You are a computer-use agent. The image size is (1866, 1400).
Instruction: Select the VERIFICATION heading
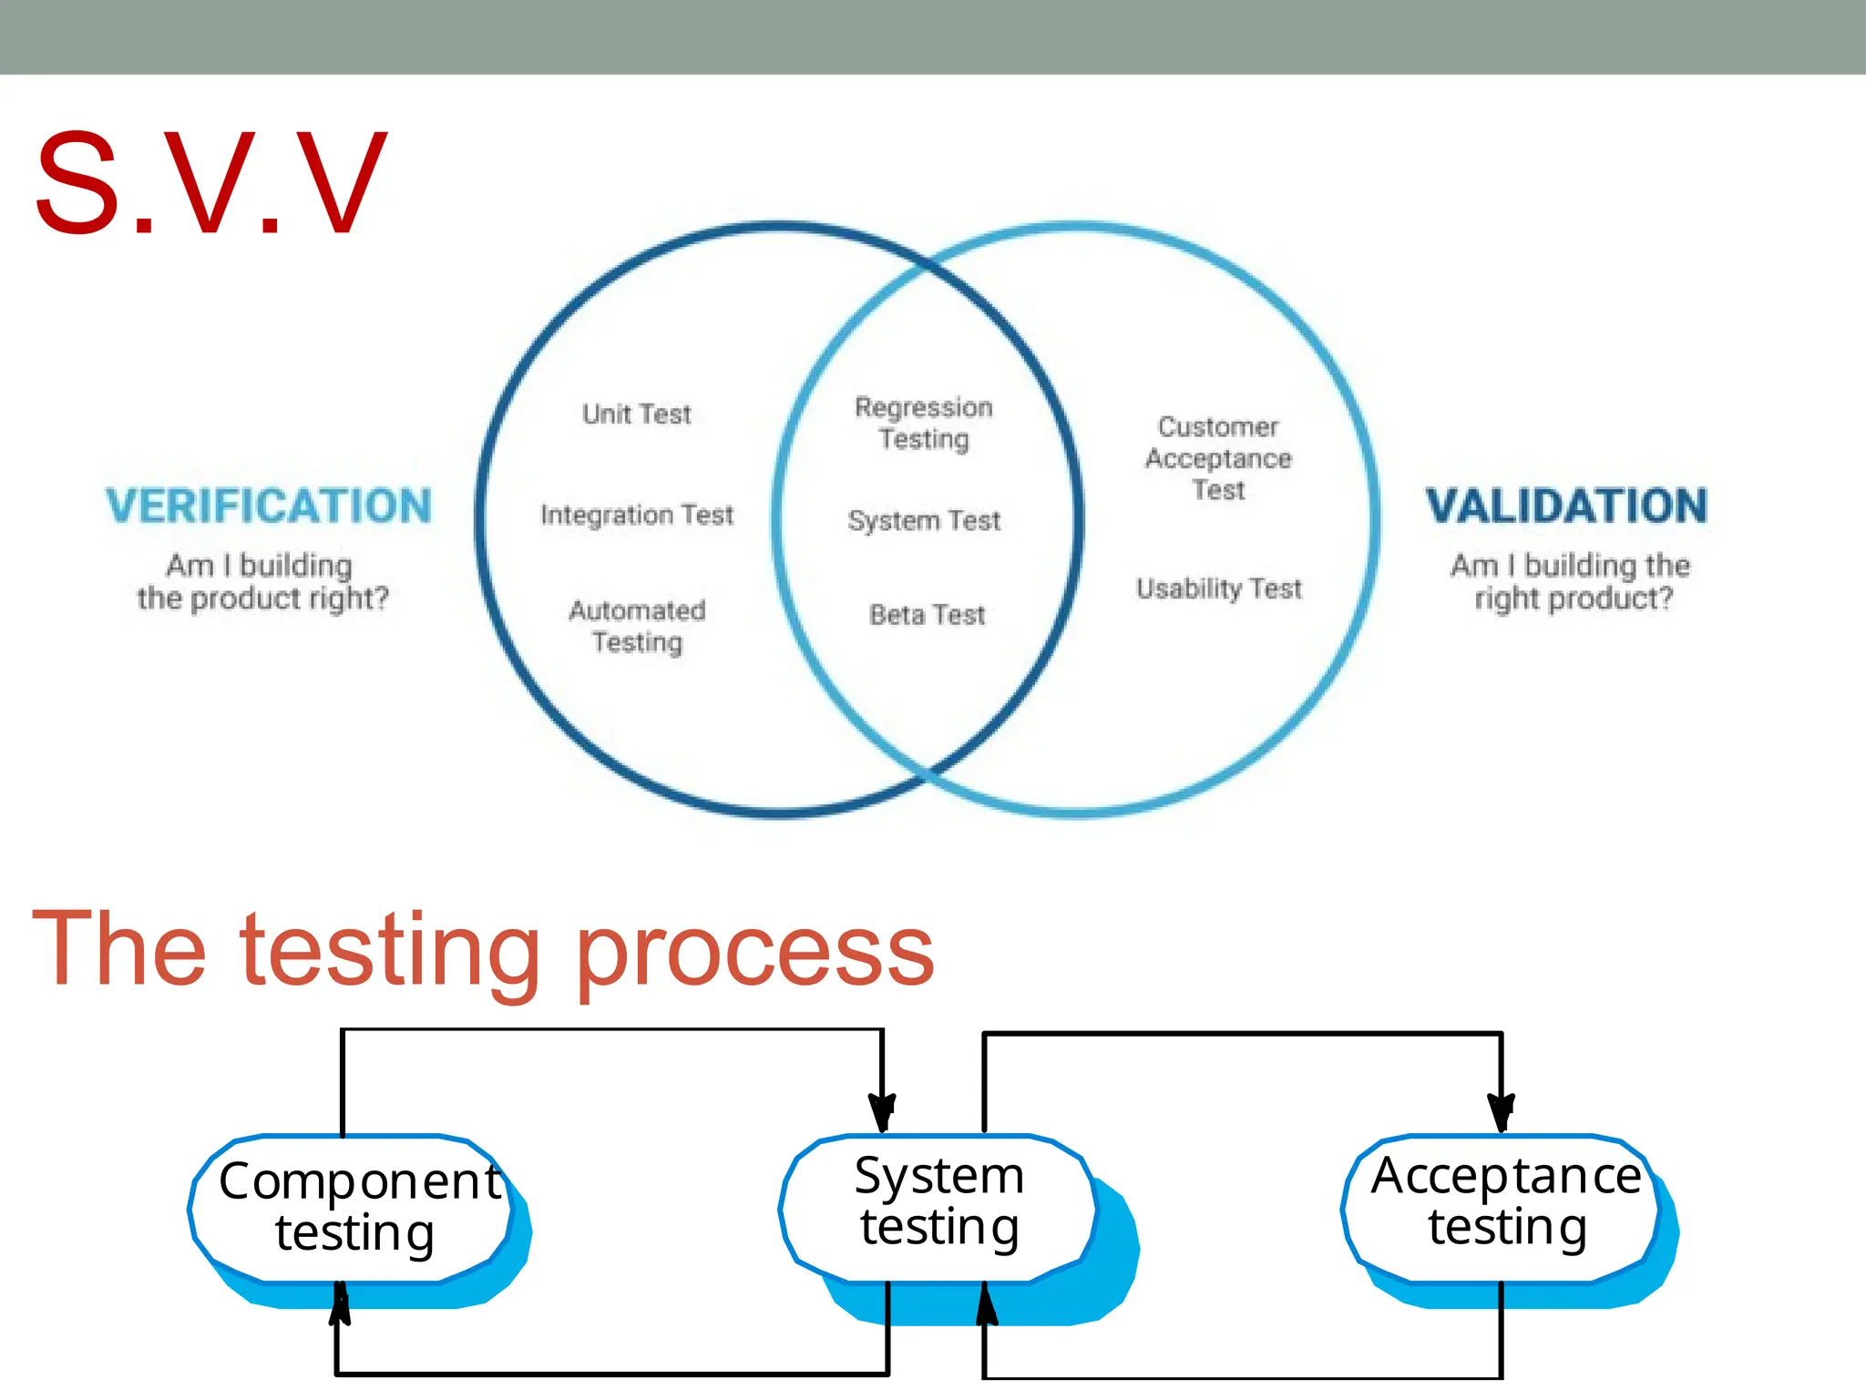(269, 506)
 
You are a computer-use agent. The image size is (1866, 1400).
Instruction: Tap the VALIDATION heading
(1566, 506)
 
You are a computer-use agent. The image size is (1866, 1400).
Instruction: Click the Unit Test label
(637, 414)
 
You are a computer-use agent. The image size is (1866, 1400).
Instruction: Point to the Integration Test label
(637, 516)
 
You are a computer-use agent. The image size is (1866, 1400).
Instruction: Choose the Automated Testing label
(637, 627)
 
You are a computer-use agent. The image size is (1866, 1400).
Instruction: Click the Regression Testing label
(924, 424)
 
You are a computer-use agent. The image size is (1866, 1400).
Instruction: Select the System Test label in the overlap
(924, 521)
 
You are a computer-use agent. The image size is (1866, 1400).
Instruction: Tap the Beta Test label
(928, 616)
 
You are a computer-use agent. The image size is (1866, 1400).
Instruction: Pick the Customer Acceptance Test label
(1218, 458)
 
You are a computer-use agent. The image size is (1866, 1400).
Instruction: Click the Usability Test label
(1219, 589)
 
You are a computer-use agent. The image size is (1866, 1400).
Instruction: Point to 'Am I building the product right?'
(262, 582)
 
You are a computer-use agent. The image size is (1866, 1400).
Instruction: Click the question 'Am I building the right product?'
(1571, 582)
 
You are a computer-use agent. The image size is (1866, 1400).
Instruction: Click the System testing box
(938, 1202)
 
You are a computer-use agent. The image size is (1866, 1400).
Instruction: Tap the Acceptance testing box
(1505, 1202)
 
